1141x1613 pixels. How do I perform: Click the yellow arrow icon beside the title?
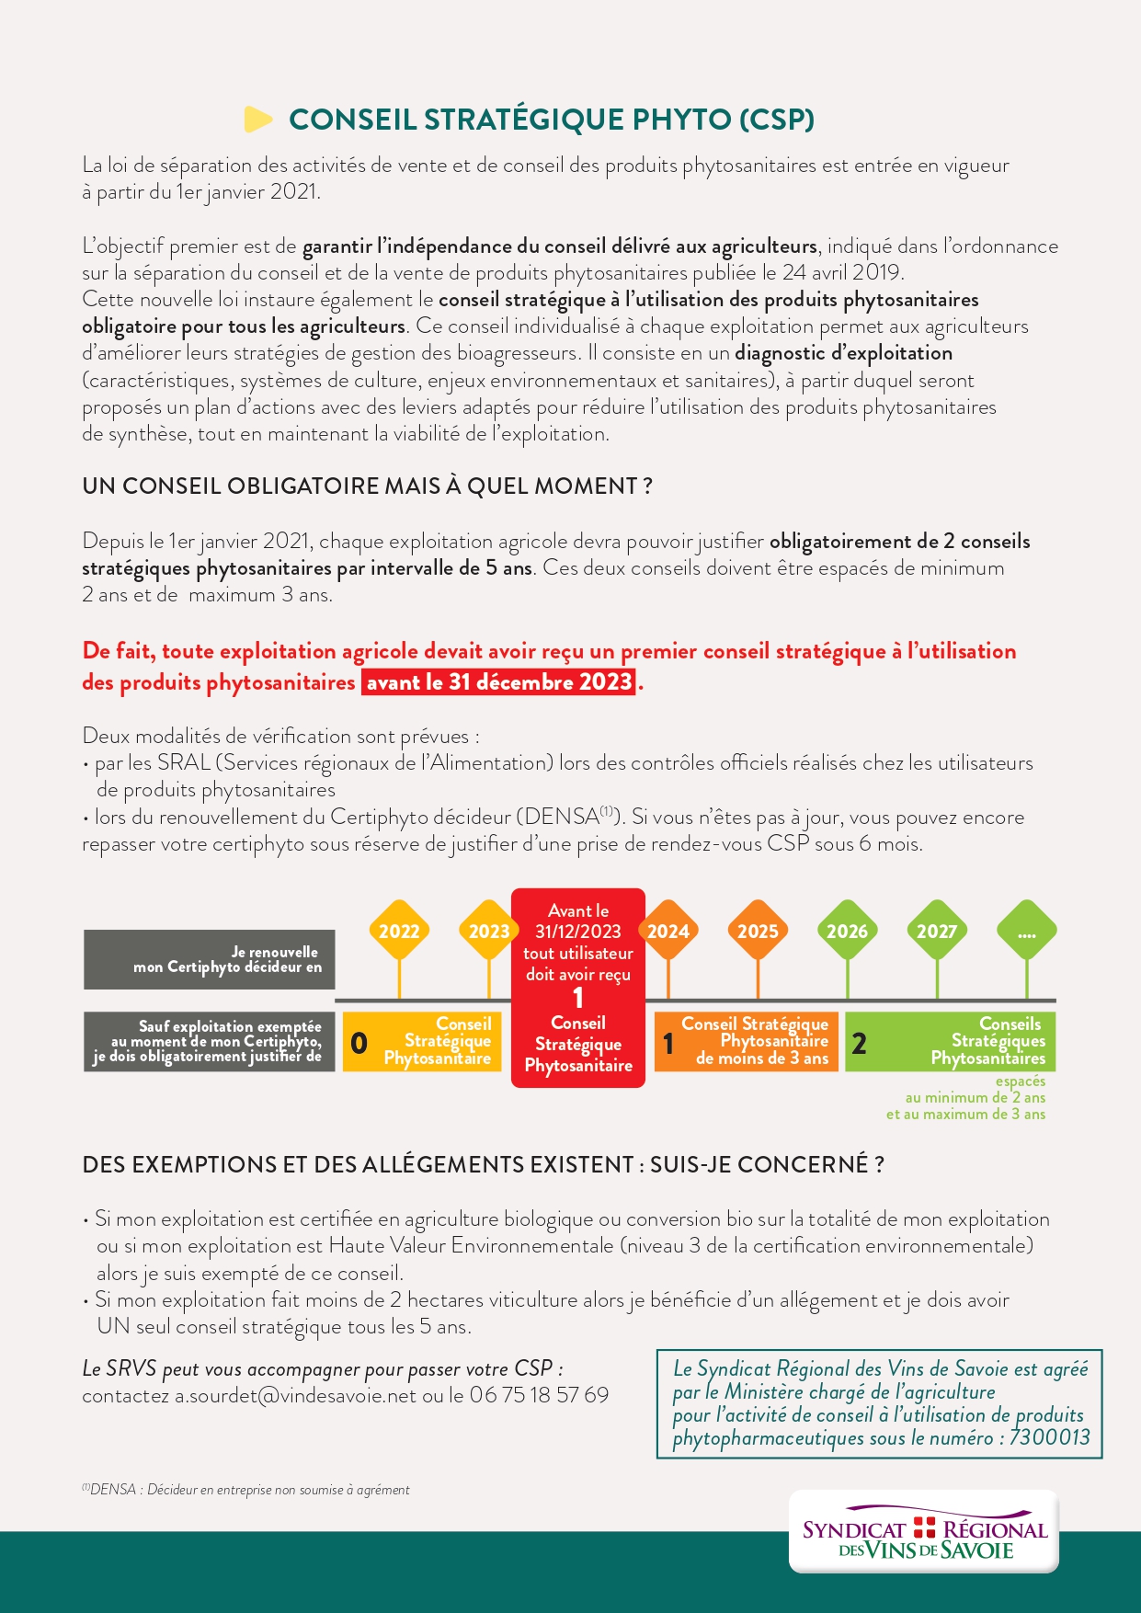tap(258, 120)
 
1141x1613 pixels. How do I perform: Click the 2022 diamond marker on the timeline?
tap(399, 931)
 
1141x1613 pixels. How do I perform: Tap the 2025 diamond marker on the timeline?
tap(758, 931)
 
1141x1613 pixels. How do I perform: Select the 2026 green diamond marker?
tap(847, 931)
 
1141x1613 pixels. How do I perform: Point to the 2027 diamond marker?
tap(936, 931)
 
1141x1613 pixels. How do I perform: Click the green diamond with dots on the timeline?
tap(1026, 931)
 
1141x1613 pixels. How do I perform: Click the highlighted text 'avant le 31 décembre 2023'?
tap(499, 682)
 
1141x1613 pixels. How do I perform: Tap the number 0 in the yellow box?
tap(359, 1043)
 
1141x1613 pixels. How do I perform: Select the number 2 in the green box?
tap(860, 1043)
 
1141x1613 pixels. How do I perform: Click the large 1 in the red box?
tap(577, 998)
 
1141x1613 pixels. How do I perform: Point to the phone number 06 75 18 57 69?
tap(539, 1395)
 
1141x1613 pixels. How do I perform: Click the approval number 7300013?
tap(1049, 1437)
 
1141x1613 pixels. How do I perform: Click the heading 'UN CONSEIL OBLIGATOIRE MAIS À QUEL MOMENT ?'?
tap(367, 486)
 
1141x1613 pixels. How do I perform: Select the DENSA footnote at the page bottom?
tap(245, 1490)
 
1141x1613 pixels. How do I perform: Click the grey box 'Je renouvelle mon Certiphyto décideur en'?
tap(210, 959)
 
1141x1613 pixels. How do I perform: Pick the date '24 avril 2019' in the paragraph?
tap(841, 273)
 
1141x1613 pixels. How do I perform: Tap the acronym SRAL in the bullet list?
tap(184, 763)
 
